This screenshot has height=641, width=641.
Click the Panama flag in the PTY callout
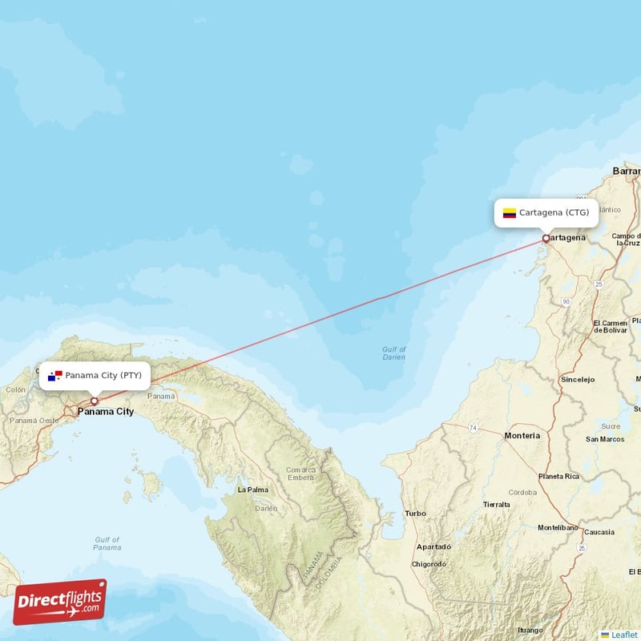pos(54,375)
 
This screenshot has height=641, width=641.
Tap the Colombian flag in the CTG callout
pos(509,213)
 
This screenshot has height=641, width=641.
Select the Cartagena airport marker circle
pos(546,238)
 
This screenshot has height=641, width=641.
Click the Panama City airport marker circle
pos(94,401)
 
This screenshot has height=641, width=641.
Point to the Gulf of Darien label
pos(394,353)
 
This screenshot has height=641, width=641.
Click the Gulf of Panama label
pos(107,543)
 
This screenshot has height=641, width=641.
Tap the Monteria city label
pos(522,435)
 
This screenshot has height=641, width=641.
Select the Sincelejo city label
pos(578,378)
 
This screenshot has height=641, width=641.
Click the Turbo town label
pos(415,513)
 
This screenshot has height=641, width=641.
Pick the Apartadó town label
pos(433,546)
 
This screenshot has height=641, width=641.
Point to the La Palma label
pos(252,489)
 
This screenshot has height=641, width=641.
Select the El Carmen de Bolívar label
pos(610,326)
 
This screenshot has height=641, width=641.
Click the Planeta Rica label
pos(558,476)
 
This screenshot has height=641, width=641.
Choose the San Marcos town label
pos(605,439)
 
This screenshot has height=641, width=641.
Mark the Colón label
pos(16,389)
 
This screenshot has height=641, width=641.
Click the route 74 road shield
pos(473,429)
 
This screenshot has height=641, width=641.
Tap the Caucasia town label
pos(599,532)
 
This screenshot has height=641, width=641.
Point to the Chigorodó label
pos(429,564)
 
